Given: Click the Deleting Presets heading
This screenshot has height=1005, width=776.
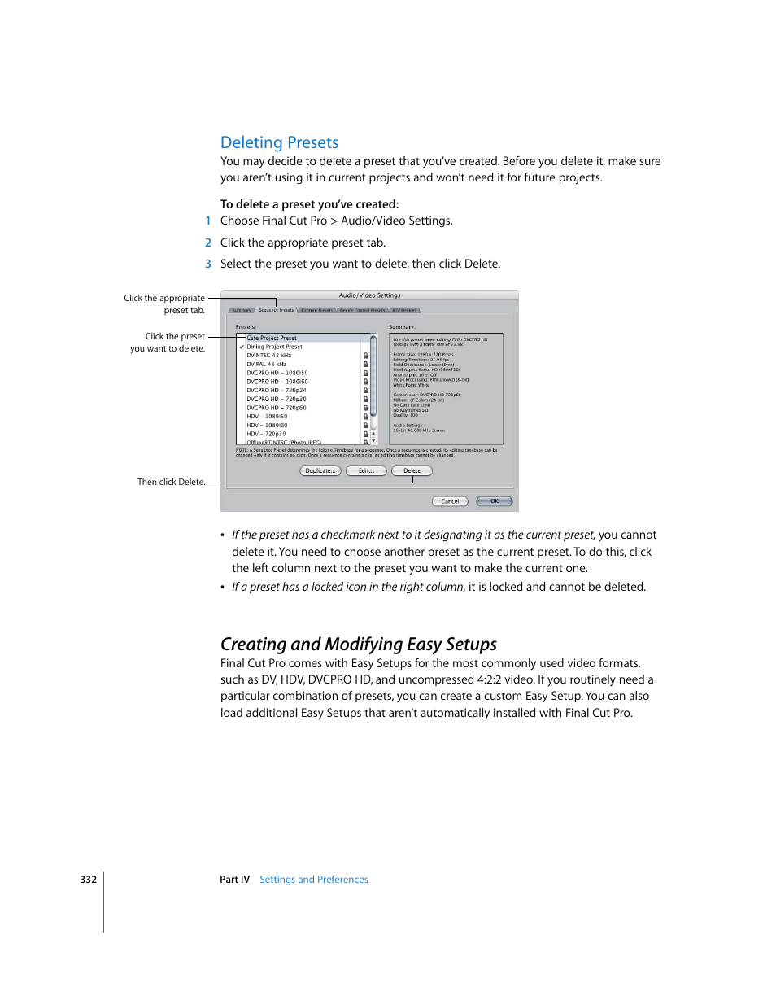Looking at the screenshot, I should (x=279, y=142).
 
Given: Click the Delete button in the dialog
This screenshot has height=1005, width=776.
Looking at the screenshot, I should (x=412, y=471).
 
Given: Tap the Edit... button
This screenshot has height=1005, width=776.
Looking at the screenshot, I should (x=366, y=471).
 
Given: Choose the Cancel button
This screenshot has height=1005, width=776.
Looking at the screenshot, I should (x=450, y=501).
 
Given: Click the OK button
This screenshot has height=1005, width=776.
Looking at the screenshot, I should (x=494, y=501).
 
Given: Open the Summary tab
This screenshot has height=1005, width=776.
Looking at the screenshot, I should (x=242, y=310).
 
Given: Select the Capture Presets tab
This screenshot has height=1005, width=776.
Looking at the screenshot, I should (x=316, y=310).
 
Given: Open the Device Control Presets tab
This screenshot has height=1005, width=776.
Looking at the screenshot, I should (x=362, y=310).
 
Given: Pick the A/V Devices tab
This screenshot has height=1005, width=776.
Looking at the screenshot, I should (x=404, y=310).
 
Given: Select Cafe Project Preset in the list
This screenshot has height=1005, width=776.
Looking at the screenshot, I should (x=272, y=338).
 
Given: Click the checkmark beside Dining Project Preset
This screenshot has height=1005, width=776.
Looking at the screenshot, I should (x=242, y=347).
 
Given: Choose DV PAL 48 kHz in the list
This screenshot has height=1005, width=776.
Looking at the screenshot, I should (x=266, y=364).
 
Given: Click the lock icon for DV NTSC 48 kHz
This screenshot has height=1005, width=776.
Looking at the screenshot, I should (x=365, y=356).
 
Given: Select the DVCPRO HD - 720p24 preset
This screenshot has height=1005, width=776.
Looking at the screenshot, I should (x=277, y=391).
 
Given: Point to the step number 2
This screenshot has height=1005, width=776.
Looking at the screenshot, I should (x=208, y=243).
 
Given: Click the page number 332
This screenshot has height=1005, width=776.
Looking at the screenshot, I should (x=88, y=880).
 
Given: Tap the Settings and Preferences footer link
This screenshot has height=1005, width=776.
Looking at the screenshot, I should (x=313, y=880).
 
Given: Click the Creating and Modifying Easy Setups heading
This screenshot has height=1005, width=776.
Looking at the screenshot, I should (x=358, y=645).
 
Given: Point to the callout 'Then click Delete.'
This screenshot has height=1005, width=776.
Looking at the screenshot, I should (x=171, y=483).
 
